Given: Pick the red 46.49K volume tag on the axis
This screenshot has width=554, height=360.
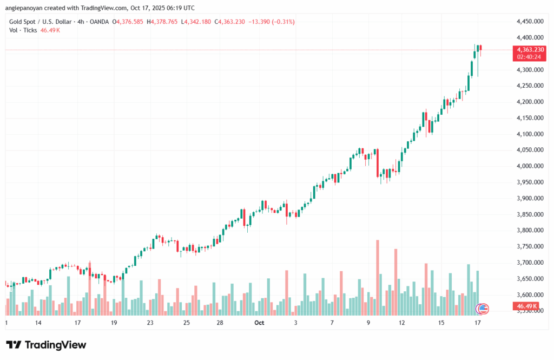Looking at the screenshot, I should [x=524, y=306].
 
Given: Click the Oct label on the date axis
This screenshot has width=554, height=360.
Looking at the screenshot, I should [x=259, y=323].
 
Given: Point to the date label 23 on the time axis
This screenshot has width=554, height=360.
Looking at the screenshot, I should [x=150, y=323].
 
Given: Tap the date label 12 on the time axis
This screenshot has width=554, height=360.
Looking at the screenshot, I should [x=402, y=323].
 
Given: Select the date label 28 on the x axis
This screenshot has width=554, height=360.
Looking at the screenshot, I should [x=220, y=323].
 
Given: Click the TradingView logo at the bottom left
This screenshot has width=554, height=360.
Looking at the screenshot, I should [x=46, y=345].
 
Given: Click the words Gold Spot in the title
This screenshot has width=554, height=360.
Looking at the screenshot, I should [x=20, y=22].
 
